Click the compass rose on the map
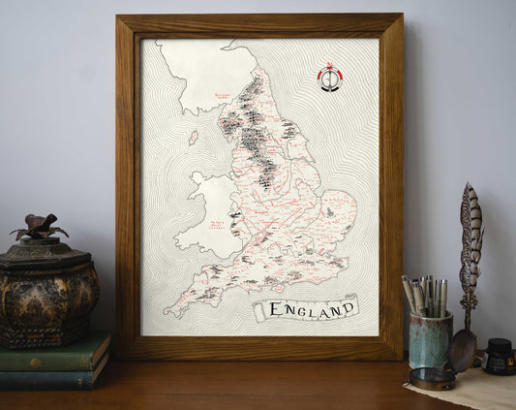330,78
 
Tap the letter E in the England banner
274,311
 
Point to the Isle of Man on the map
194,138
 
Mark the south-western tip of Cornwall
168,312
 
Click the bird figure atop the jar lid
39,228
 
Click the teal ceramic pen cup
430,339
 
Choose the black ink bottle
499,357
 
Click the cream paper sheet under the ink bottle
465,388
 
